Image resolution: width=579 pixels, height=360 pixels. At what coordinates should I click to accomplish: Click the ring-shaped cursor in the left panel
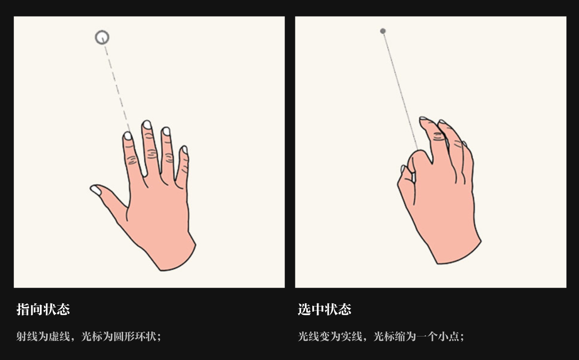tap(102, 37)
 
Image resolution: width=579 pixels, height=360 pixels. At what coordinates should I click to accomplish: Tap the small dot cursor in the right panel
tap(383, 31)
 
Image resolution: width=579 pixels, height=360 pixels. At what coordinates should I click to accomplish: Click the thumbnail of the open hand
tap(95, 190)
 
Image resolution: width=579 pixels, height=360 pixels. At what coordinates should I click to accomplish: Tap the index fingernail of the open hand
tap(127, 136)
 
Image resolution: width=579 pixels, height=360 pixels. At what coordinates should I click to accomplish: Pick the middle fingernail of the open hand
tap(147, 125)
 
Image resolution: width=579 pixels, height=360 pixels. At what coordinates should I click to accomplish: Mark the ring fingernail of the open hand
tap(166, 131)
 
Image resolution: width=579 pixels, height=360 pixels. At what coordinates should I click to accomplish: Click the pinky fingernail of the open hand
tap(184, 150)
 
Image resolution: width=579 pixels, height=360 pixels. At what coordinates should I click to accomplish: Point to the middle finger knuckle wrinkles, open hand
tap(151, 153)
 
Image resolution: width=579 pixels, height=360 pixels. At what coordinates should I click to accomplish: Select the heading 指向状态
tap(43, 310)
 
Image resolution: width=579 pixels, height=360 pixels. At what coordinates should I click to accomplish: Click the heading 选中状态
tap(325, 310)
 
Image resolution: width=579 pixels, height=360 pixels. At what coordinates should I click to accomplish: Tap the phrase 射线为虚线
tap(43, 336)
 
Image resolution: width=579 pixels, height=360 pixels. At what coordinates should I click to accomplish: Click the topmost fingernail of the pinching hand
tap(423, 118)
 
